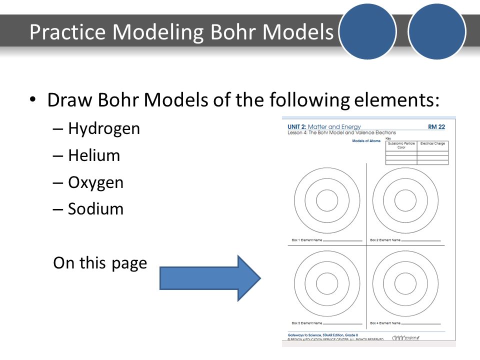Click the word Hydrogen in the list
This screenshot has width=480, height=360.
(x=104, y=129)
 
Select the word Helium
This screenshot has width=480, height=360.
(x=94, y=155)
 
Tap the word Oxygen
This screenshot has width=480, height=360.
(x=95, y=182)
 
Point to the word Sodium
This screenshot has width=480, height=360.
(x=95, y=208)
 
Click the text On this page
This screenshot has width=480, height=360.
(x=100, y=263)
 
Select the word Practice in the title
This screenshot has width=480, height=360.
(x=67, y=32)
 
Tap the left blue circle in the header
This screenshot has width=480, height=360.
(x=368, y=31)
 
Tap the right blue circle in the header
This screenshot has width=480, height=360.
(x=437, y=31)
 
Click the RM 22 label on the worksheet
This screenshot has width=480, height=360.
(x=436, y=127)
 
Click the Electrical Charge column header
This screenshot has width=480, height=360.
(x=432, y=143)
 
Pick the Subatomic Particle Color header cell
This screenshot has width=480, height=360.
(x=401, y=145)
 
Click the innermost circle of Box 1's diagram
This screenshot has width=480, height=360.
(x=327, y=200)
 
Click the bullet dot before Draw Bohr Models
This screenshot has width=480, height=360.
(x=33, y=99)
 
